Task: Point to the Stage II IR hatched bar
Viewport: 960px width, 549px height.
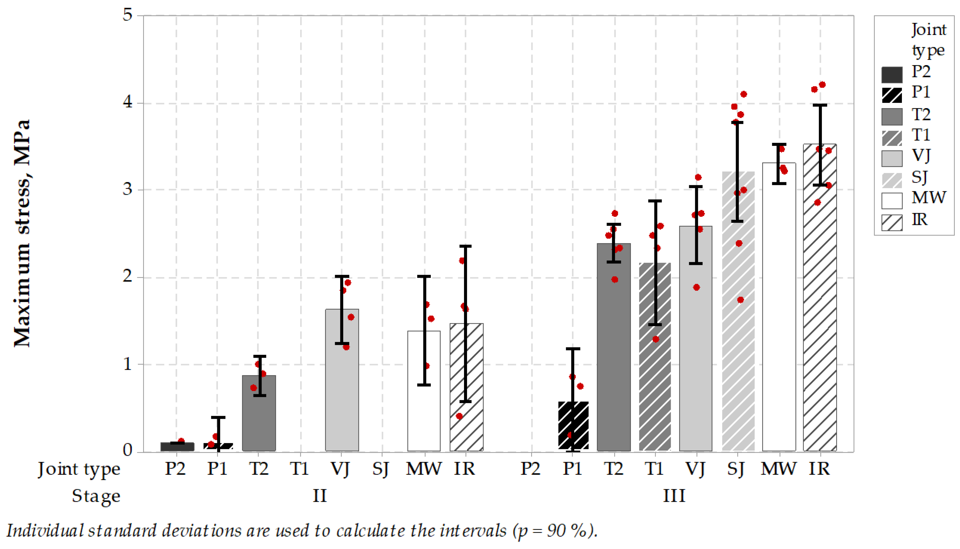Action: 466,387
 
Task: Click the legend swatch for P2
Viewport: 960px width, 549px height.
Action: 892,75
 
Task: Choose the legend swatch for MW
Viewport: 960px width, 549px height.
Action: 892,201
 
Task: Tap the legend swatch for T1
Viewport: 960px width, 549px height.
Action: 892,138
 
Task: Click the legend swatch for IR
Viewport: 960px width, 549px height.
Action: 892,222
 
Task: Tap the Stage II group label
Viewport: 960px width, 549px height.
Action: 319,496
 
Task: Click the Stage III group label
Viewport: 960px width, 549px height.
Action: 674,496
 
